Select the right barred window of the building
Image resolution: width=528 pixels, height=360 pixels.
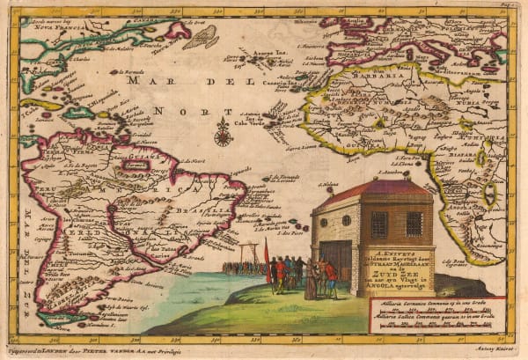pos(414,224)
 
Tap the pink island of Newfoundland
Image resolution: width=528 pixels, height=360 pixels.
pos(177,32)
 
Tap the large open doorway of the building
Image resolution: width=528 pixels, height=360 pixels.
pos(336,259)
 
